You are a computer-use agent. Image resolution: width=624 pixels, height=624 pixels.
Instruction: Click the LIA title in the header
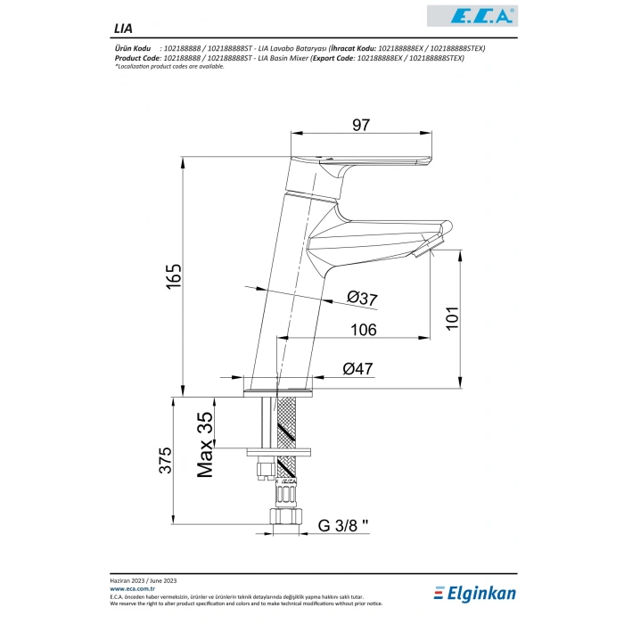(122, 28)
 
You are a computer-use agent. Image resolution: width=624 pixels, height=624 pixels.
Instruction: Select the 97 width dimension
(360, 126)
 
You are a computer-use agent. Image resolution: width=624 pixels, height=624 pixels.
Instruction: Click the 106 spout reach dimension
(362, 330)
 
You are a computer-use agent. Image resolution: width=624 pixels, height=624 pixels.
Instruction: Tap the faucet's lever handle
(374, 162)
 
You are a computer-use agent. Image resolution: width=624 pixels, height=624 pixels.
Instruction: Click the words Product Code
(133, 57)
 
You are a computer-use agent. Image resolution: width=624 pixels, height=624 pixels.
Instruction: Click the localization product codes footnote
(169, 66)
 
